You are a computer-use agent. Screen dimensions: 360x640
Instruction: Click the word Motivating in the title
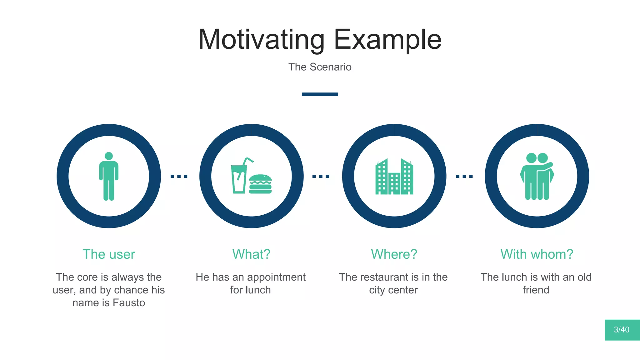click(261, 40)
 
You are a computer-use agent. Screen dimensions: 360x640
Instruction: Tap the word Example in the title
click(387, 40)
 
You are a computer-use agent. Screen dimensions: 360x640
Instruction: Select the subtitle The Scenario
click(320, 67)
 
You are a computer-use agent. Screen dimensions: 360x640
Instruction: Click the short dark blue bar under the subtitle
click(320, 94)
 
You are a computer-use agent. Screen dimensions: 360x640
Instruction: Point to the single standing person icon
click(109, 176)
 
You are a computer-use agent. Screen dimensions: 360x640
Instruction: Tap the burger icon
click(260, 184)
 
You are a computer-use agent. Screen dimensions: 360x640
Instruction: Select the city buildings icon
click(394, 177)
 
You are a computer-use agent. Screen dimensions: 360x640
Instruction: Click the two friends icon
click(537, 176)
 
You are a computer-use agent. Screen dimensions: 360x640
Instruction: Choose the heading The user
click(109, 254)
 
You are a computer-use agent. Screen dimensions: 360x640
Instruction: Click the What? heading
click(251, 254)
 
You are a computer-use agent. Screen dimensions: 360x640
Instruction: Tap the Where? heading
click(394, 254)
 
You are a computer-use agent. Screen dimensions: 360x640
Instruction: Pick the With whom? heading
click(537, 254)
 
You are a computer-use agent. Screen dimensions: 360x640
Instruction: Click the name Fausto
click(129, 303)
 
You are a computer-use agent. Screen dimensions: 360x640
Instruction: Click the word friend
click(536, 290)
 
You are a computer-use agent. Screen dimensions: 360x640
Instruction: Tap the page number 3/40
click(622, 330)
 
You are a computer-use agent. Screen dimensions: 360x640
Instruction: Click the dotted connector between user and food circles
click(179, 176)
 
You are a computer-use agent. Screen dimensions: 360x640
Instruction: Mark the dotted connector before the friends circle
click(464, 176)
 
